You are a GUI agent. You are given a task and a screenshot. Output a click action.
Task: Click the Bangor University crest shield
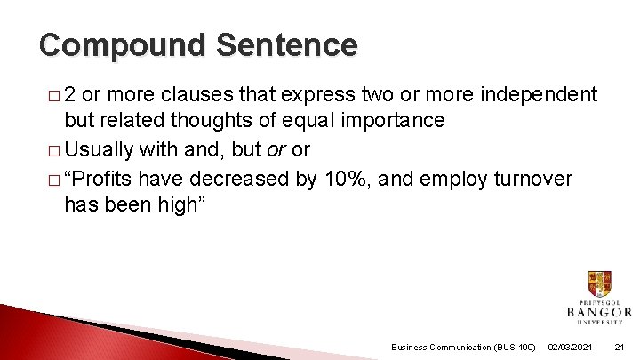click(599, 284)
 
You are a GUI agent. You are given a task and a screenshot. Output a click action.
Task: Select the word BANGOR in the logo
click(599, 312)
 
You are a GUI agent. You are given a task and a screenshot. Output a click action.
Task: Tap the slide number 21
click(620, 347)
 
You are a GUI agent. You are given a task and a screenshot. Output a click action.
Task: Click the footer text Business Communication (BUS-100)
click(463, 347)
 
